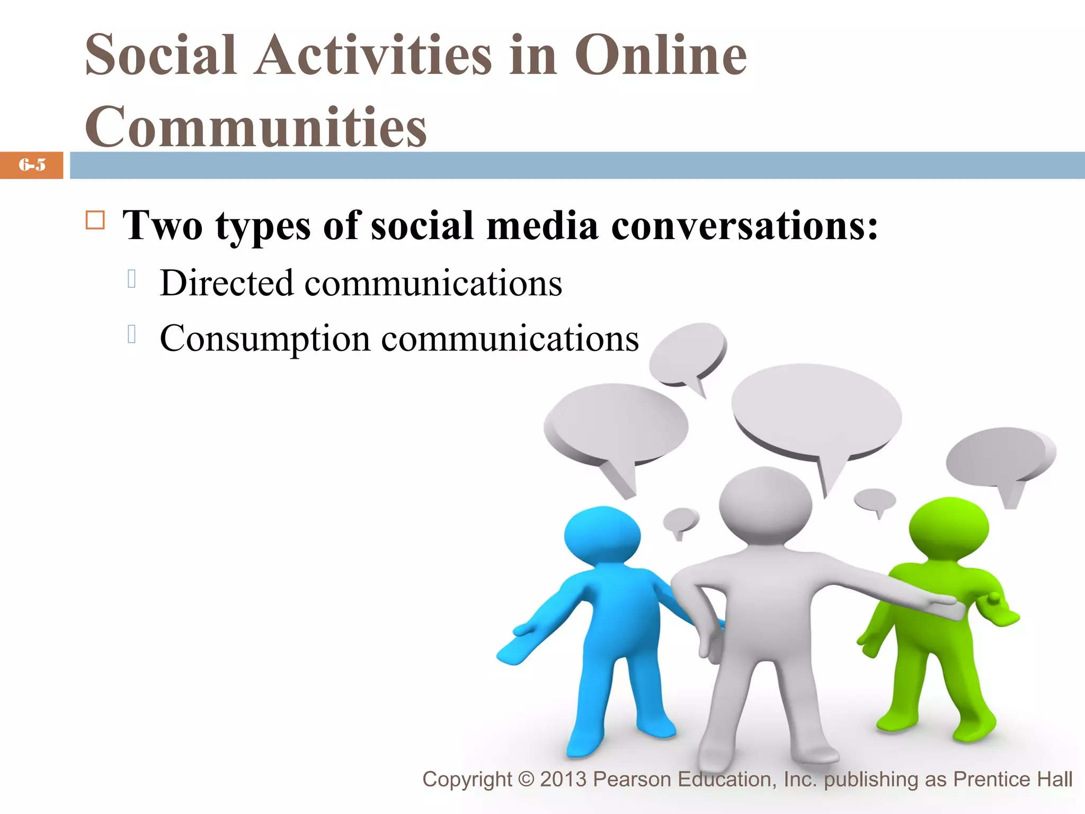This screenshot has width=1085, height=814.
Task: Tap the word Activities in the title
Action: [x=373, y=55]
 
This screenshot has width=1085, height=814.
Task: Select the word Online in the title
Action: [x=661, y=55]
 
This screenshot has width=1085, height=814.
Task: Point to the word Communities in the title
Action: [x=256, y=127]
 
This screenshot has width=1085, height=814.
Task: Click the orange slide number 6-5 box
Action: [x=32, y=165]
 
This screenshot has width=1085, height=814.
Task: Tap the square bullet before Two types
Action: [x=95, y=220]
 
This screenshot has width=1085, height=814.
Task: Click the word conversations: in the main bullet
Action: [x=744, y=226]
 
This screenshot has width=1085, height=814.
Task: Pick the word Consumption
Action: [x=265, y=338]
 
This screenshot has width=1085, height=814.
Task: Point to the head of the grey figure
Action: [x=765, y=503]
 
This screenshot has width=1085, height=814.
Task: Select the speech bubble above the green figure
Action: [x=999, y=456]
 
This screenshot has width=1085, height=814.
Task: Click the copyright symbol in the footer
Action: [x=526, y=780]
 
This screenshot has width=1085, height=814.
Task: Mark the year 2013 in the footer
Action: [x=563, y=780]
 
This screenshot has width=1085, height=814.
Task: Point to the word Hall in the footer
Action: [x=1054, y=780]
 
